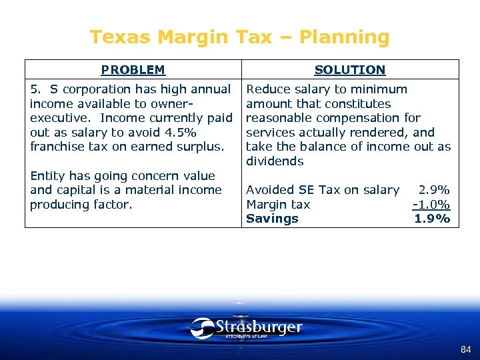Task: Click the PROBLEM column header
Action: pyautogui.click(x=133, y=69)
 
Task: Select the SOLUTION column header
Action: pyautogui.click(x=349, y=69)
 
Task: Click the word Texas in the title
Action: pyautogui.click(x=114, y=37)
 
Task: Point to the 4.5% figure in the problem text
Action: pyautogui.click(x=180, y=132)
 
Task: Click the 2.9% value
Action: pyautogui.click(x=434, y=190)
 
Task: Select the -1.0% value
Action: pyautogui.click(x=431, y=205)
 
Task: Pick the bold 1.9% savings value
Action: pyautogui.click(x=432, y=219)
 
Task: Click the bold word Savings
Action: pyautogui.click(x=272, y=219)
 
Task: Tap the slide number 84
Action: pyautogui.click(x=465, y=349)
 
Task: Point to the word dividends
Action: pyautogui.click(x=275, y=161)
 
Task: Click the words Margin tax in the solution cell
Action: pyautogui.click(x=278, y=205)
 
